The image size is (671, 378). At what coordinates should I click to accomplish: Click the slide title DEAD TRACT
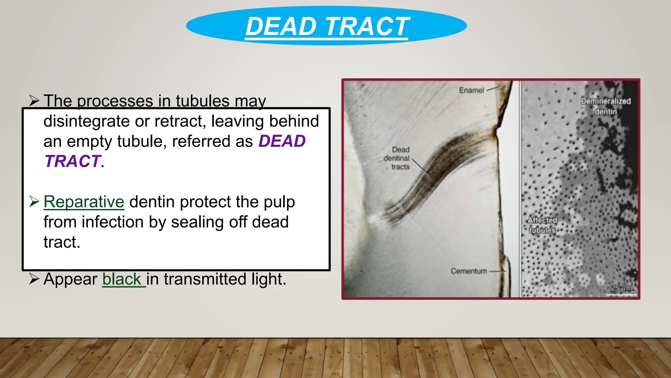[x=327, y=26]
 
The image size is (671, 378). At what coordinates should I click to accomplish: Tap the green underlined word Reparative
[x=84, y=201]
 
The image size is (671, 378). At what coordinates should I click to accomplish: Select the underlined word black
[x=122, y=279]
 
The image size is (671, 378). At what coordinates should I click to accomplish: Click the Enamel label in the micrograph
[x=471, y=90]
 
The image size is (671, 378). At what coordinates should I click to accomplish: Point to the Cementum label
[x=469, y=271]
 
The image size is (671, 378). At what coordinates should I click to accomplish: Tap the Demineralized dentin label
[x=606, y=106]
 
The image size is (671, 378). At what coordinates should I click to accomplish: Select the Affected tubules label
[x=542, y=225]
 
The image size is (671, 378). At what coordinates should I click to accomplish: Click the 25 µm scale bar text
[x=622, y=288]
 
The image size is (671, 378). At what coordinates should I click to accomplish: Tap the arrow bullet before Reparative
[x=34, y=201]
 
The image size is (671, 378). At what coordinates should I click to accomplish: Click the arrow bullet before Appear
[x=34, y=279]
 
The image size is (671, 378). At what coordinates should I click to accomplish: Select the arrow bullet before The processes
[x=34, y=100]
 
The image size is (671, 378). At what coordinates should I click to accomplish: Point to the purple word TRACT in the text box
[x=72, y=161]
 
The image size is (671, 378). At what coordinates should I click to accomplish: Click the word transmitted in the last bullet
[x=205, y=279]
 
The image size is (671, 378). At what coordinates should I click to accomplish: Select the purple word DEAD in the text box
[x=282, y=141]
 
